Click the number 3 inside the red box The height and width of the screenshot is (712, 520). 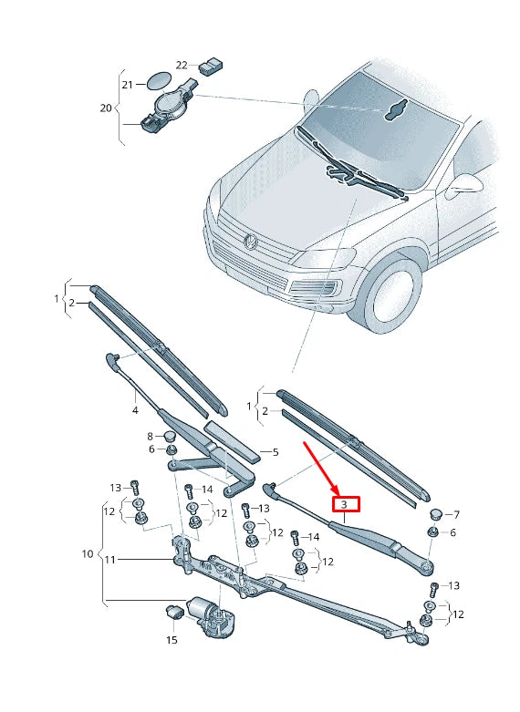click(344, 504)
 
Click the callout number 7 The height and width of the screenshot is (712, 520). click(456, 514)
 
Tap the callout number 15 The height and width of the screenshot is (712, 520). click(172, 640)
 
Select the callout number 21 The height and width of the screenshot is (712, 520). click(128, 84)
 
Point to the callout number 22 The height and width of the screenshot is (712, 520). click(182, 65)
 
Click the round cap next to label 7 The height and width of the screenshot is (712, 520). click(435, 514)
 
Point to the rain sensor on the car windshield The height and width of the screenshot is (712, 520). click(395, 110)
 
